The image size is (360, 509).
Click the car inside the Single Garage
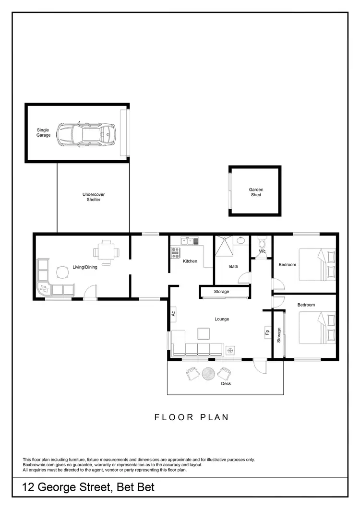[86, 134]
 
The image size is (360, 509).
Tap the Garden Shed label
[256, 192]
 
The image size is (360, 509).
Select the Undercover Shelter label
[94, 197]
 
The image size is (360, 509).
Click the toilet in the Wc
[262, 243]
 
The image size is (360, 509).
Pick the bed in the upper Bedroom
[317, 264]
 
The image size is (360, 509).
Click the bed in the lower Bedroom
[317, 327]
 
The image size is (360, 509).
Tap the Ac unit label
[173, 314]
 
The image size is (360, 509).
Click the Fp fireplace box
[267, 331]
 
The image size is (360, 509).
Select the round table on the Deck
[209, 373]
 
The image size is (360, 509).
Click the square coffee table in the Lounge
[204, 333]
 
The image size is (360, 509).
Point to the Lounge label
[222, 319]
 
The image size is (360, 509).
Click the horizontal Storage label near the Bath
[221, 292]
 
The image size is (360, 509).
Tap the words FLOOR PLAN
[192, 417]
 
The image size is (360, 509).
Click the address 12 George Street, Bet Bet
[89, 488]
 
